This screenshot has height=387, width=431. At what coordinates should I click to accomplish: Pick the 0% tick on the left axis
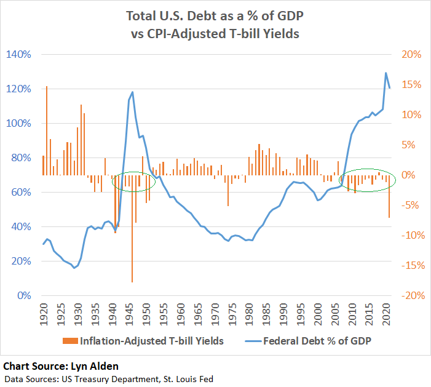23,295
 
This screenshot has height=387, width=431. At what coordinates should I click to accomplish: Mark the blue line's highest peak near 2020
386,73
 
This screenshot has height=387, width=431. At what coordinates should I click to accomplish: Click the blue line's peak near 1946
132,92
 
